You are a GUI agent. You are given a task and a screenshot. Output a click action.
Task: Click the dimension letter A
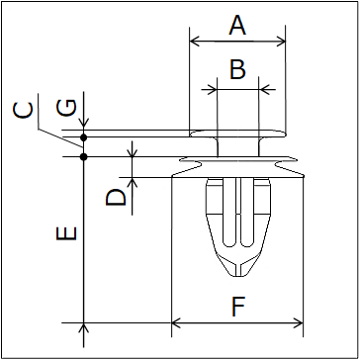tap(237, 26)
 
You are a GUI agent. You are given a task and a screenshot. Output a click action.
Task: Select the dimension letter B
tap(237, 69)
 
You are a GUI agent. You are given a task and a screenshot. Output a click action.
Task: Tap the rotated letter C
tap(23, 110)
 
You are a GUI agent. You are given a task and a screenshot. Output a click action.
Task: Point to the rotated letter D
tap(116, 197)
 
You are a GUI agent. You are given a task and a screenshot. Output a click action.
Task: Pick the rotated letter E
tap(66, 233)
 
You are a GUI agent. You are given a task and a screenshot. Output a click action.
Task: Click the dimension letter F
tap(238, 307)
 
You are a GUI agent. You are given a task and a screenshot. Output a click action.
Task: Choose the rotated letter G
tap(66, 108)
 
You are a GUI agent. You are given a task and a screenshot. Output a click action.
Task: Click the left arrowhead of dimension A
tap(195, 42)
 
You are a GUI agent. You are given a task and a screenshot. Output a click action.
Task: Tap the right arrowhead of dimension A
tap(281, 42)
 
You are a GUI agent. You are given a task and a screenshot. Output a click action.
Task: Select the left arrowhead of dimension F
tap(176, 323)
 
